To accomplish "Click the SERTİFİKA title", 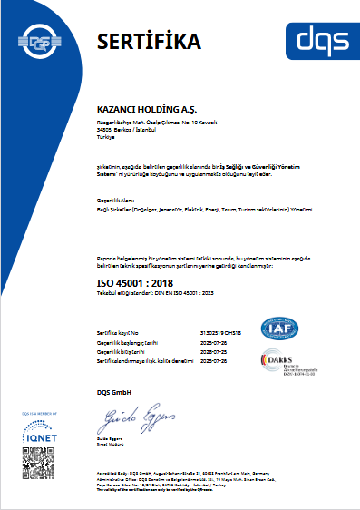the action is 149,41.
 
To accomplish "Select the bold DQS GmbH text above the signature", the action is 114,391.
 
